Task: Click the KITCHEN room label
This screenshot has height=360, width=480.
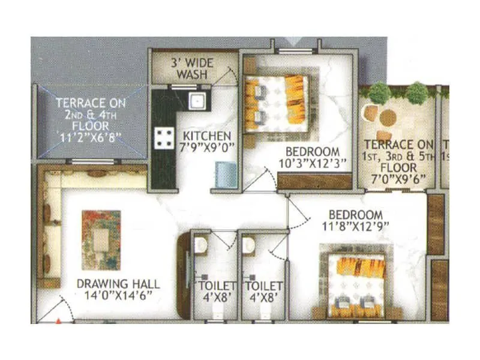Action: [x=206, y=135]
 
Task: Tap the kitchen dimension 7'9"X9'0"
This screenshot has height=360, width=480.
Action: [x=206, y=146]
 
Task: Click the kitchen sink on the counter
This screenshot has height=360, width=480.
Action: [x=197, y=100]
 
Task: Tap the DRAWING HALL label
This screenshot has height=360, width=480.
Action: [x=113, y=283]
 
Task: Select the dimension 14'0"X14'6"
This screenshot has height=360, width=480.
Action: [x=113, y=295]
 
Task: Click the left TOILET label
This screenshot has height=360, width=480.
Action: [x=218, y=286]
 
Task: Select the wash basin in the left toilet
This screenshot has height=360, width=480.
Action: [x=202, y=244]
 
